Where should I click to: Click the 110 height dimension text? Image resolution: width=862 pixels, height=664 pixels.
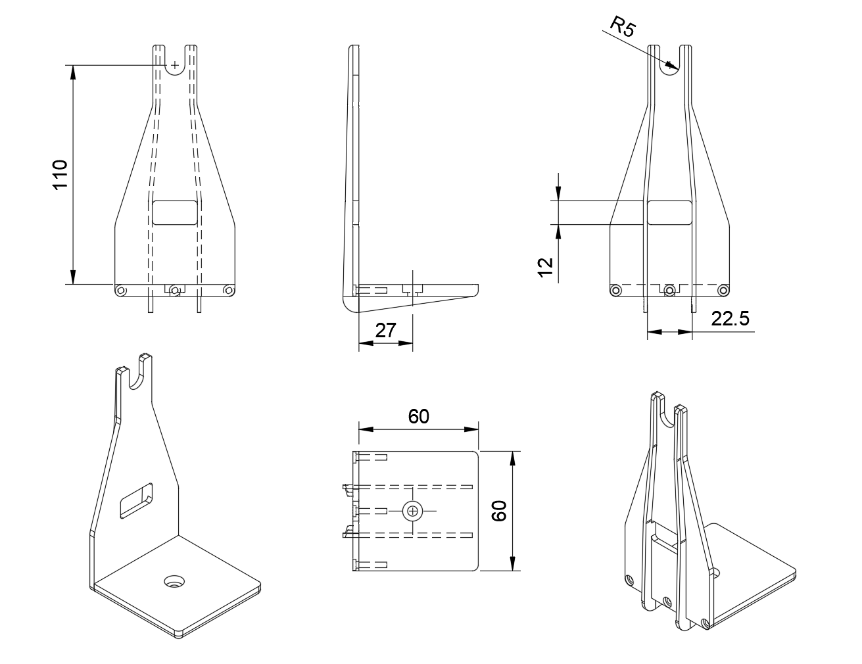pos(60,175)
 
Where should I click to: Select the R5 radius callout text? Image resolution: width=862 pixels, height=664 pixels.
pos(621,28)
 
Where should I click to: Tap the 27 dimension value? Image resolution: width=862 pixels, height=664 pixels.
pos(385,330)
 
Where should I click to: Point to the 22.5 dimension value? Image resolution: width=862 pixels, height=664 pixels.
pos(730,319)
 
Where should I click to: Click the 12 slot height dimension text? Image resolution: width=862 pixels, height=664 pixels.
pos(545,266)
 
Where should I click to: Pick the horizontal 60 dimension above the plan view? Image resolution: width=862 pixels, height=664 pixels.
pos(418,416)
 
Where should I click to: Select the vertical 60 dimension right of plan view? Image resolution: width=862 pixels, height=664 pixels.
pos(499,510)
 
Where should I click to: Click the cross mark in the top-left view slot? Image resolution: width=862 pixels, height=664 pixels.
pos(175,64)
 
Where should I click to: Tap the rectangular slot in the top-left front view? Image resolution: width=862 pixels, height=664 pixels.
pos(174,213)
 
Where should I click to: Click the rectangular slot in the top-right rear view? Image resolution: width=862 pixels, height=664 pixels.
pos(669,213)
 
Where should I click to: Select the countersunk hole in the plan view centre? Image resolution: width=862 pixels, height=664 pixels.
pos(412,511)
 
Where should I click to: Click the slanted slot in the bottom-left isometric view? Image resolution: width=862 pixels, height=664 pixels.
pos(135,500)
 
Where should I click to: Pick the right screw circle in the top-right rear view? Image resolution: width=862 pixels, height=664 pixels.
pos(723,290)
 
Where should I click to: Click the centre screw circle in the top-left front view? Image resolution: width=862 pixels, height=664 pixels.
pos(175,290)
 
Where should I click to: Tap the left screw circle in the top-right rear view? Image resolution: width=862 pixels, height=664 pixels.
pos(615,290)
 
